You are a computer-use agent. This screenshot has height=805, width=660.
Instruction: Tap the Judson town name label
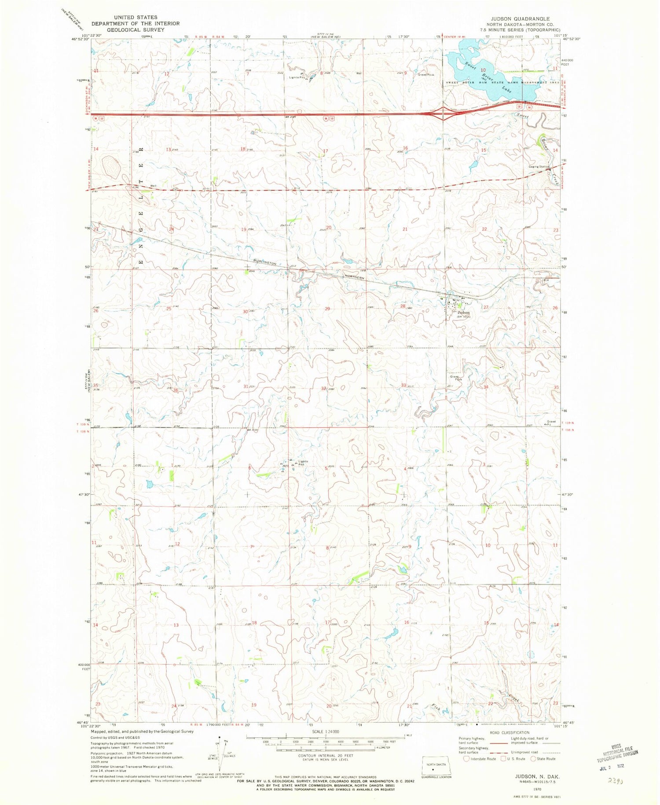coord(458,313)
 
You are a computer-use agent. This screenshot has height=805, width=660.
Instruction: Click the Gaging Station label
coord(539,167)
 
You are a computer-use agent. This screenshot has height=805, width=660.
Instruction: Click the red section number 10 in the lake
coord(483,70)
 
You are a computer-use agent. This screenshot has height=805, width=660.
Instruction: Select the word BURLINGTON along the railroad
coord(264,262)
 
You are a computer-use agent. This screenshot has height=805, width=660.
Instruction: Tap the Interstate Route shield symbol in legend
coord(467,759)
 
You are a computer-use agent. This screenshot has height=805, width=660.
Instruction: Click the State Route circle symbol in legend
coord(533,759)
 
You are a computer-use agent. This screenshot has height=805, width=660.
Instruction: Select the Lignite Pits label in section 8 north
coord(297,77)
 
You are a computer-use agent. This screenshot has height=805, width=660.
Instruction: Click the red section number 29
coord(327,309)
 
